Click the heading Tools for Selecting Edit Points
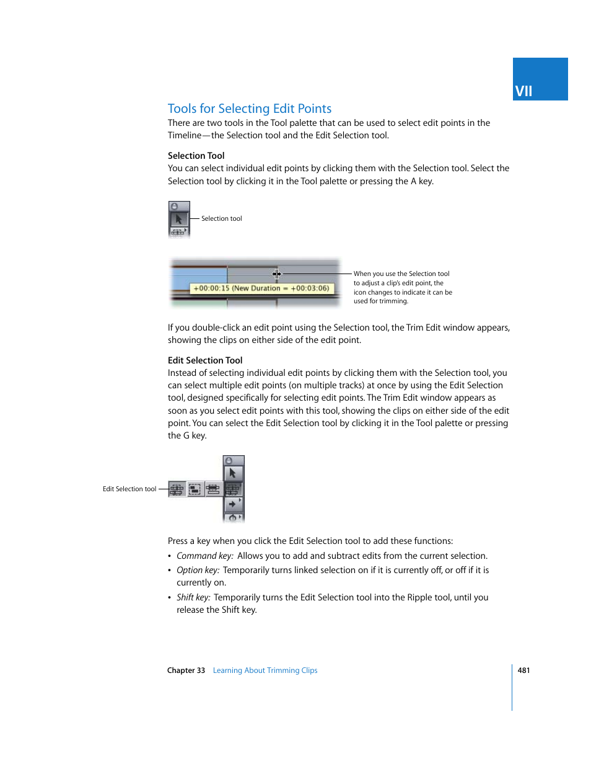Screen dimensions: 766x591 click(x=249, y=109)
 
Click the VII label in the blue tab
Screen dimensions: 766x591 click(x=523, y=91)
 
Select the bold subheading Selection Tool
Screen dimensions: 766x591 click(x=196, y=156)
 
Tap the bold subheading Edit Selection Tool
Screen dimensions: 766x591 click(x=205, y=360)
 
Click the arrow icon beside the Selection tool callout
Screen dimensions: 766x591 click(x=178, y=219)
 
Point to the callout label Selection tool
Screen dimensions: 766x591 click(x=221, y=218)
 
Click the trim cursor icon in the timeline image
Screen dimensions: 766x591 click(x=277, y=274)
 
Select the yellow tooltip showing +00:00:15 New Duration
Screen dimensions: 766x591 click(x=261, y=288)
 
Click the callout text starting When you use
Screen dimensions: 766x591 click(x=403, y=287)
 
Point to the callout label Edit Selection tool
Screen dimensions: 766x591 click(x=129, y=489)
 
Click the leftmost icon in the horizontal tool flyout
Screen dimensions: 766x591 click(x=177, y=489)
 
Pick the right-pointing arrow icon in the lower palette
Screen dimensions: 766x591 click(x=233, y=504)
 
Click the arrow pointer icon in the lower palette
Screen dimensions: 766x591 click(x=233, y=473)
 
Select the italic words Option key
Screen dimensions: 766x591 click(x=198, y=570)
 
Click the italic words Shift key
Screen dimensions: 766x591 click(x=193, y=597)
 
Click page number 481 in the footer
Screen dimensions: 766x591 click(x=523, y=670)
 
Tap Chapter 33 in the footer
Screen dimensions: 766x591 click(x=186, y=670)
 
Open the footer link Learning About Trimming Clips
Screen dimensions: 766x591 click(x=265, y=670)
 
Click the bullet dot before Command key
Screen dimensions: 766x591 click(x=170, y=556)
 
